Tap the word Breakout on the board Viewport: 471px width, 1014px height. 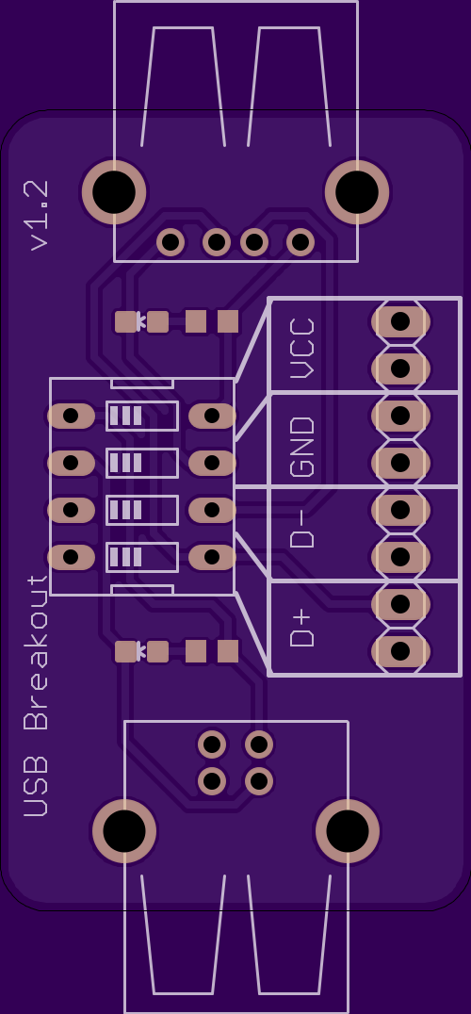[36, 653]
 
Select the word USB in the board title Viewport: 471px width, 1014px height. [36, 786]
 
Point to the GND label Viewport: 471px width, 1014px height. [302, 447]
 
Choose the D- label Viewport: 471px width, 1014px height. [302, 529]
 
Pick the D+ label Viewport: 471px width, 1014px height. [302, 628]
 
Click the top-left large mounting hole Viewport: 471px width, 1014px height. [114, 192]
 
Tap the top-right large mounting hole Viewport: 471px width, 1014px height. [357, 192]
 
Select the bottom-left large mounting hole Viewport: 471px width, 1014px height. [124, 831]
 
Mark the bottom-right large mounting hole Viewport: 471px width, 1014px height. [348, 831]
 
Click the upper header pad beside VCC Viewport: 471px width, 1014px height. [400, 321]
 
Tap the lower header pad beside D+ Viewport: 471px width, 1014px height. [400, 651]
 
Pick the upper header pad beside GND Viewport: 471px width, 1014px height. [400, 416]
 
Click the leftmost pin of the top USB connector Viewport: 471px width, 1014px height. [171, 242]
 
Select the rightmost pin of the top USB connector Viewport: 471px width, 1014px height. [300, 242]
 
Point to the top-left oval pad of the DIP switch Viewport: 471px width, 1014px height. [71, 416]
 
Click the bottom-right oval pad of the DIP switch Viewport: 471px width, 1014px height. [212, 557]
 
